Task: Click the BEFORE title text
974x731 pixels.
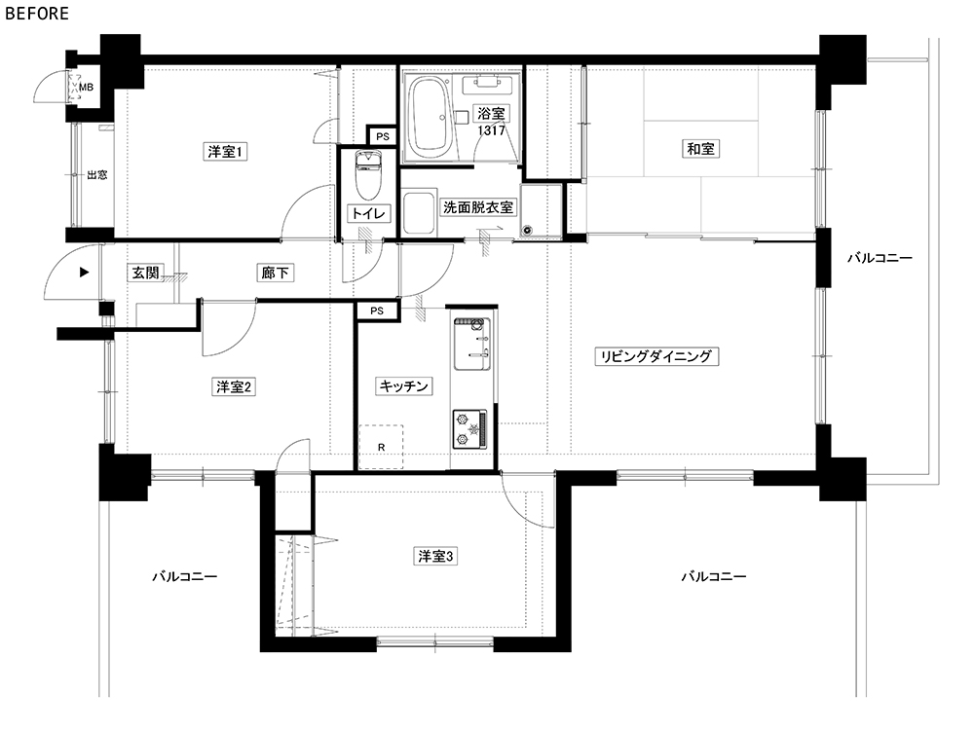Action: tap(37, 13)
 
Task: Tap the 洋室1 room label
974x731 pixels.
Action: tap(226, 152)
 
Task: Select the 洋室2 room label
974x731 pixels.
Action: tap(234, 387)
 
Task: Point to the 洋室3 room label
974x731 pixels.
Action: tap(435, 556)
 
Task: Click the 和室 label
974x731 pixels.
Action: tap(700, 149)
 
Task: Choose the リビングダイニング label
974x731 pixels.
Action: tap(656, 356)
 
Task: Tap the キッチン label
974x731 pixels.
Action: tap(404, 386)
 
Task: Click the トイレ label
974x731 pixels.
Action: tap(368, 213)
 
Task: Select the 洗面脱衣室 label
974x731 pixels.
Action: tap(478, 207)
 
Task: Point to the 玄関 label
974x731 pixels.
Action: tap(145, 273)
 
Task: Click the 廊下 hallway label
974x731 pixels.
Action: tap(275, 273)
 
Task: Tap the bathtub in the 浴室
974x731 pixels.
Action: tap(429, 117)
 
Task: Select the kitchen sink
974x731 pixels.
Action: tap(472, 344)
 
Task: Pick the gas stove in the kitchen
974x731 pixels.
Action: tap(469, 429)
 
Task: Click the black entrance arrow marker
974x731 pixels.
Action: tap(85, 272)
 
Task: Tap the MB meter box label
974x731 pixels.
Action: tap(86, 88)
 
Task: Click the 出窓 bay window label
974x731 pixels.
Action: tap(96, 175)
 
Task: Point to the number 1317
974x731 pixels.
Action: tap(491, 131)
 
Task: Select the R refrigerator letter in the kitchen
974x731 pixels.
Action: tap(382, 448)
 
